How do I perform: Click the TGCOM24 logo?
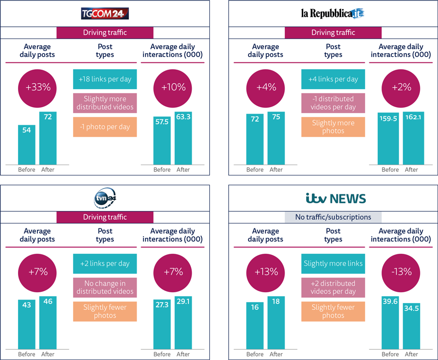click(x=105, y=13)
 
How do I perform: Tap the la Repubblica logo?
click(x=333, y=13)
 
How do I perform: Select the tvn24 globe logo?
click(x=105, y=198)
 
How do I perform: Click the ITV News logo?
click(x=336, y=198)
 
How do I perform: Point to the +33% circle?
click(x=37, y=88)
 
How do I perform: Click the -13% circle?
click(x=401, y=272)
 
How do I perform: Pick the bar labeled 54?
click(x=27, y=145)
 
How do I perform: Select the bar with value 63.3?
click(x=183, y=138)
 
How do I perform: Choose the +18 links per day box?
click(x=105, y=79)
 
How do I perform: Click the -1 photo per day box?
click(x=105, y=127)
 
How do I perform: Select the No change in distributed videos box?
click(x=105, y=287)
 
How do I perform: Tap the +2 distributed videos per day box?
click(x=333, y=287)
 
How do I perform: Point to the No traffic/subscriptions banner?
click(x=333, y=217)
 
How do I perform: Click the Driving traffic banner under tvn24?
click(x=105, y=217)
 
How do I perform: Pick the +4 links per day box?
click(x=333, y=79)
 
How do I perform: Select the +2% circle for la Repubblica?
click(x=401, y=88)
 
